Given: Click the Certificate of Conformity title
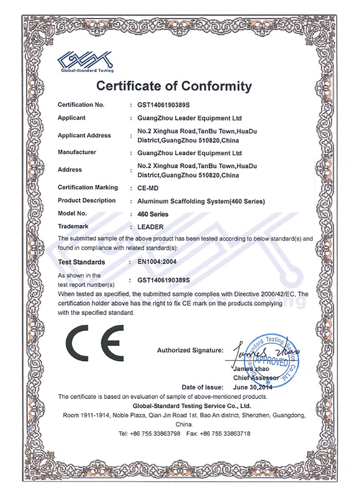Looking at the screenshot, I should pyautogui.click(x=174, y=85).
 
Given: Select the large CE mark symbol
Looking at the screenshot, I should pyautogui.click(x=95, y=344).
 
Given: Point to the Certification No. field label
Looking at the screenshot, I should pyautogui.click(x=81, y=105).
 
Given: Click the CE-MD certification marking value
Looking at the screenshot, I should pyautogui.click(x=148, y=188).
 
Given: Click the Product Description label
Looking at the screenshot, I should pyautogui.click(x=87, y=200).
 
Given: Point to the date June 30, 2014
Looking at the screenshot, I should pyautogui.click(x=252, y=387).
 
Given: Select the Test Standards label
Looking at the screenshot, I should pyautogui.click(x=81, y=262).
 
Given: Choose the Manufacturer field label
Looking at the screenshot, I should pyautogui.click(x=77, y=153).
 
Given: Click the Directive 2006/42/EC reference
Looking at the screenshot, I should pyautogui.click(x=271, y=293).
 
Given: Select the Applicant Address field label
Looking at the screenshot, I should pyautogui.click(x=84, y=136).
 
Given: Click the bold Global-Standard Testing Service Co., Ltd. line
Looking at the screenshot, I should pyautogui.click(x=183, y=405).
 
